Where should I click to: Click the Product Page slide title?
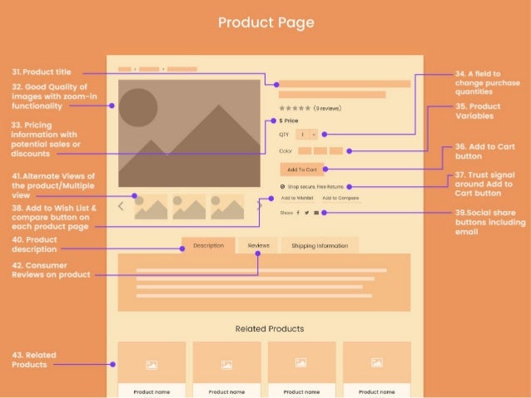[x=265, y=22]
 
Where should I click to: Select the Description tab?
[x=208, y=246]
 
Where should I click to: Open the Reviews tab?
[x=258, y=246]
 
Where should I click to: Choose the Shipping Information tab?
[x=320, y=246]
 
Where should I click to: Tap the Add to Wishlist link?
[x=297, y=199]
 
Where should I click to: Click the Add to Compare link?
[x=340, y=199]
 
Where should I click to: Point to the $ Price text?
[x=289, y=121]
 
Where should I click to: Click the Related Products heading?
[x=270, y=328]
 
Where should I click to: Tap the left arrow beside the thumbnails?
[x=122, y=205]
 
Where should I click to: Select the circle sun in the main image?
[x=138, y=106]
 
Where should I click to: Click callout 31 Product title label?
[x=47, y=72]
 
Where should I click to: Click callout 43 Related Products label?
[x=30, y=359]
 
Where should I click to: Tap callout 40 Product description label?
[x=34, y=244]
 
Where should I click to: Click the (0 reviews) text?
[x=325, y=108]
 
